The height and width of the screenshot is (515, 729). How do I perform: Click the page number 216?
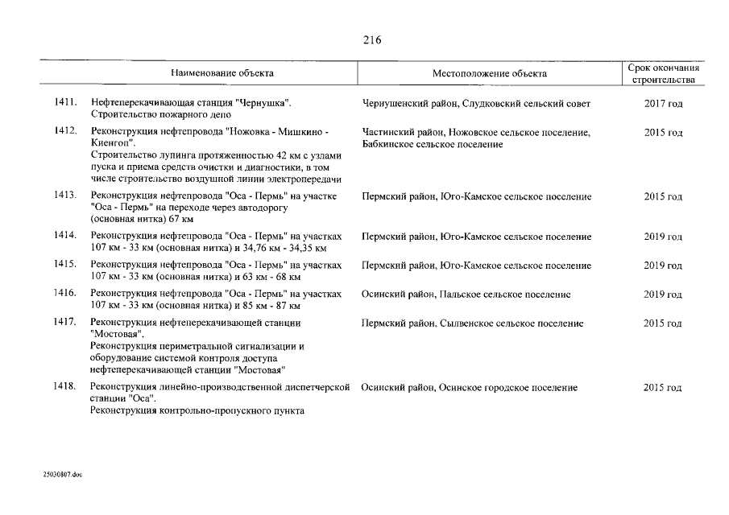pyautogui.click(x=371, y=41)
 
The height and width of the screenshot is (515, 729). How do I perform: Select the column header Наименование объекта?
pyautogui.click(x=222, y=73)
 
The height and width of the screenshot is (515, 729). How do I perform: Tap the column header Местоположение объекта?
pyautogui.click(x=489, y=74)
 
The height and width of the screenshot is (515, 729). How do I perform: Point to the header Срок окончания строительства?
pyautogui.click(x=663, y=74)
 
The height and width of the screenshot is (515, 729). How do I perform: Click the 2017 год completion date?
pyautogui.click(x=663, y=104)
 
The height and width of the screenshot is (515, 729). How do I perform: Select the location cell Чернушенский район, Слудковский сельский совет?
pyautogui.click(x=476, y=104)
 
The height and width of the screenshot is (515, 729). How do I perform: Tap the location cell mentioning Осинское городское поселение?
pyautogui.click(x=469, y=388)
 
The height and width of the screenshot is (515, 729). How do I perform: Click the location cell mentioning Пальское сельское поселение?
pyautogui.click(x=467, y=295)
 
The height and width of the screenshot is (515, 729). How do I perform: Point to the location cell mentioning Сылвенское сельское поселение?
pyautogui.click(x=473, y=323)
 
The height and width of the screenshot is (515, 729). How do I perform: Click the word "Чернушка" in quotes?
pyautogui.click(x=263, y=103)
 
